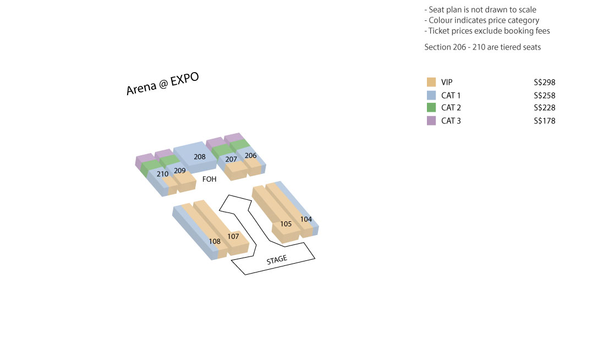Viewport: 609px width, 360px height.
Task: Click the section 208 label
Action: [200, 157]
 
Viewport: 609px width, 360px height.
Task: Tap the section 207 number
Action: [231, 159]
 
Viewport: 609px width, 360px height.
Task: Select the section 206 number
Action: [250, 156]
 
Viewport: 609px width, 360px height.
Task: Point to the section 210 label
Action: [162, 174]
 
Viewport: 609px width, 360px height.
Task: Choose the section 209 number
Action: [179, 171]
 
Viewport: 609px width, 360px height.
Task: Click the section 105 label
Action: [286, 224]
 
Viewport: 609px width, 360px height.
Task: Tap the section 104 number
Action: [306, 219]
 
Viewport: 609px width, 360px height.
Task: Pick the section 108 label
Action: [215, 242]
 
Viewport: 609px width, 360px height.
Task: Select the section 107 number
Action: [233, 236]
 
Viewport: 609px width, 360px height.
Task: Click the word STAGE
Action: [277, 260]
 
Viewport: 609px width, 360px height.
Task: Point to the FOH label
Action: [210, 179]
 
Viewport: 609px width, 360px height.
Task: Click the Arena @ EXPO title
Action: [162, 84]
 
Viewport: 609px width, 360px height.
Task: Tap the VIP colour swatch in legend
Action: [431, 82]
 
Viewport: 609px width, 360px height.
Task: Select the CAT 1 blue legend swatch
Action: [431, 95]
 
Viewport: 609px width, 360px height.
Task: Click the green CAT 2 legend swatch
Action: [431, 107]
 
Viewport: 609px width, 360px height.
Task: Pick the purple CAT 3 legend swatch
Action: [431, 121]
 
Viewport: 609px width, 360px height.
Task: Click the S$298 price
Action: [545, 83]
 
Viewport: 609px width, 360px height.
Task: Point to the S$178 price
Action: [545, 121]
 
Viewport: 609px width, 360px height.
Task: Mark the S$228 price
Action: [545, 108]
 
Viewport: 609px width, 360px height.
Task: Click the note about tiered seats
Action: [482, 47]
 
